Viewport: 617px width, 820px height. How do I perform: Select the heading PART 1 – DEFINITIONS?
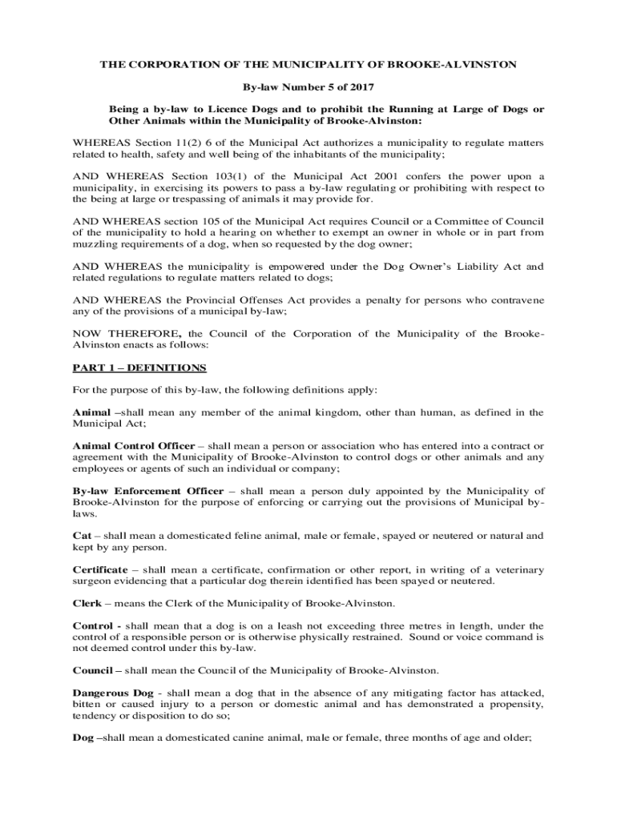click(x=139, y=368)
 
